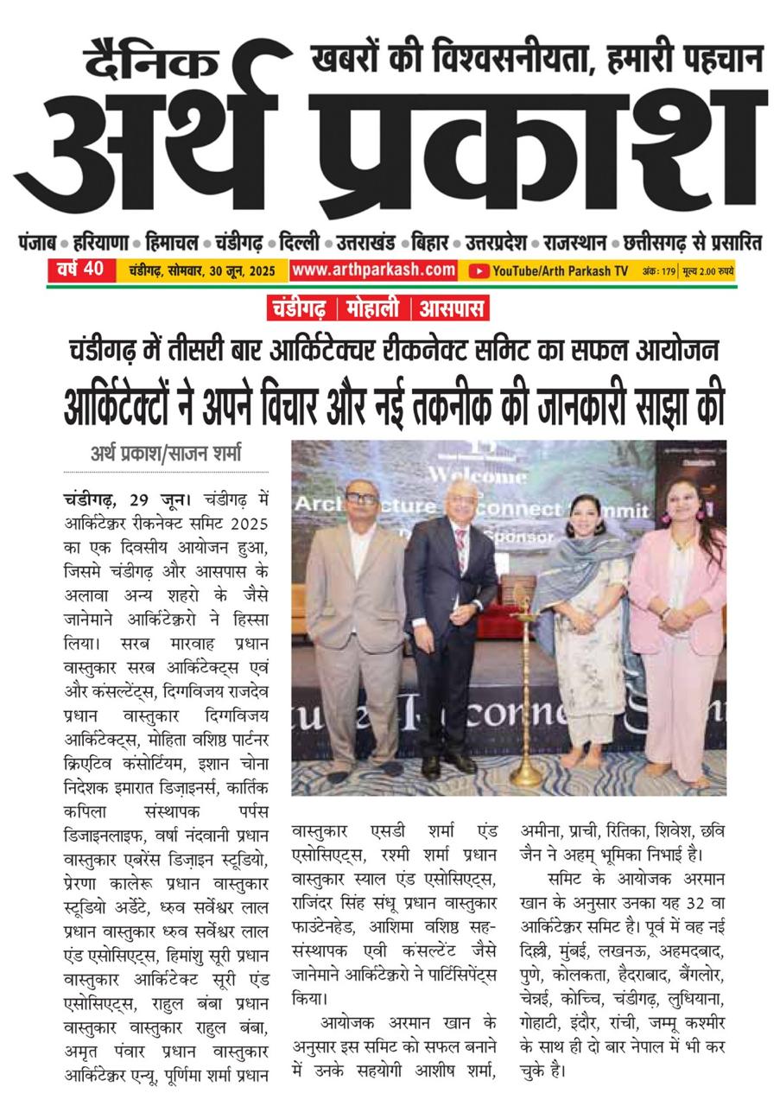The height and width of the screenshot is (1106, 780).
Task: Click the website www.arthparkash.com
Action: pos(373,270)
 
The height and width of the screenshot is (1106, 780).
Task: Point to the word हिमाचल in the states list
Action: pos(172,243)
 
